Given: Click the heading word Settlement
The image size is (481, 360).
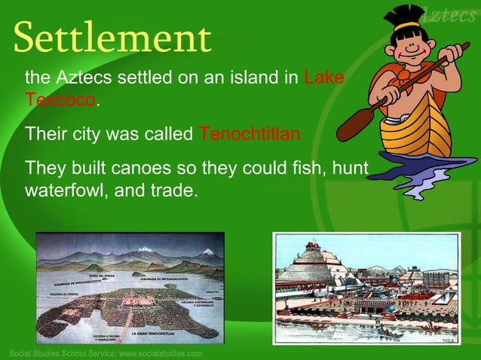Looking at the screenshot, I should [x=112, y=38].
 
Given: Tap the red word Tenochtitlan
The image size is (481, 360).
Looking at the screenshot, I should [x=250, y=134].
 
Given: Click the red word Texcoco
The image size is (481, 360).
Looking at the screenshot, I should [x=60, y=99].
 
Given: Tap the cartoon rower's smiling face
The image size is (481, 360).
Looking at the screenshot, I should [x=410, y=50].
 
